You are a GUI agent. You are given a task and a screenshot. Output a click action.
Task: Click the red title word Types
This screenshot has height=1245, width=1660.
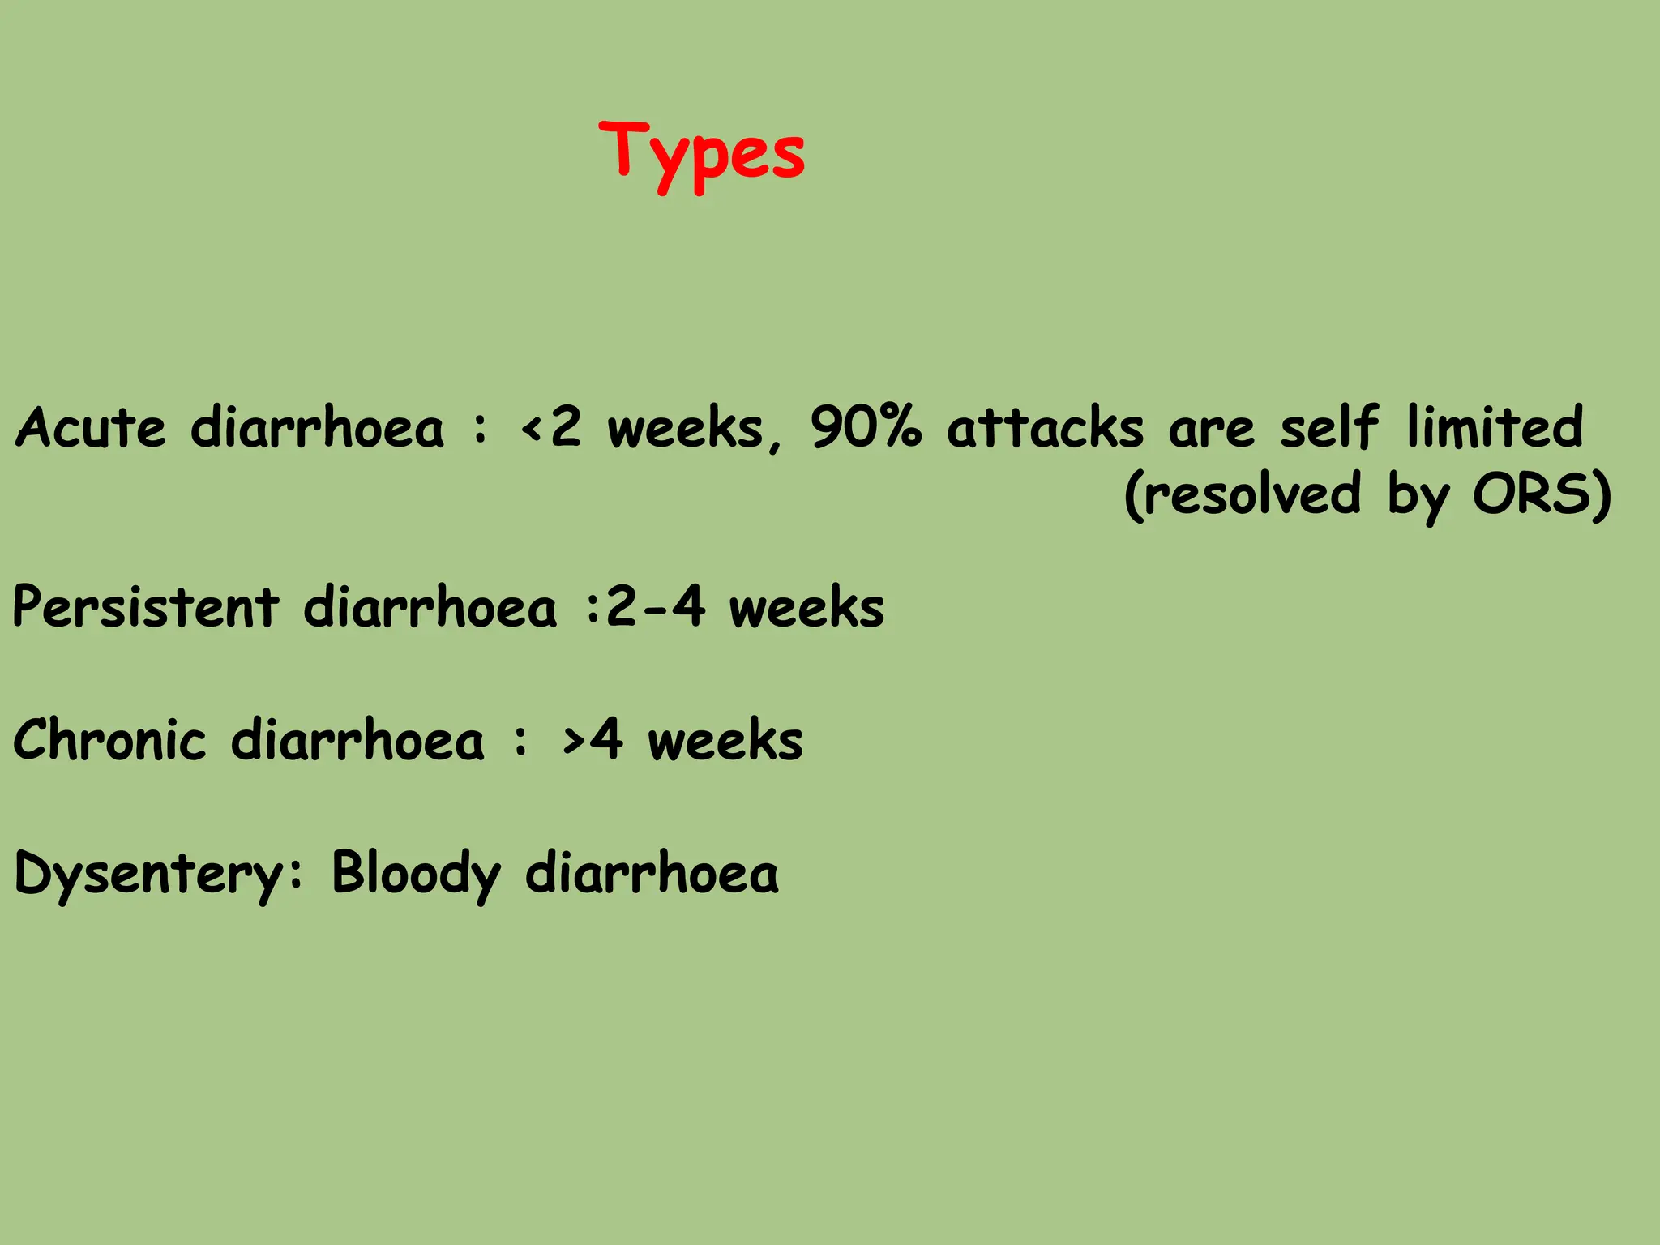pos(702,154)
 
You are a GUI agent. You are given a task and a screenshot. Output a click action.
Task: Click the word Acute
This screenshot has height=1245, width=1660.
pos(91,427)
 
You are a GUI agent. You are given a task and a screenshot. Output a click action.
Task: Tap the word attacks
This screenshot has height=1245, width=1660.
pos(1045,427)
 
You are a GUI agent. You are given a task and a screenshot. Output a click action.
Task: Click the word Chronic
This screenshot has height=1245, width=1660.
pos(110,739)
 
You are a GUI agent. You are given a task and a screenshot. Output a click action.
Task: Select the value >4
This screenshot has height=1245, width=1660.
pos(593,739)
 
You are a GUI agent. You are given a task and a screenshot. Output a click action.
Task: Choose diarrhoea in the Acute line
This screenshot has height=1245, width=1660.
pos(317,427)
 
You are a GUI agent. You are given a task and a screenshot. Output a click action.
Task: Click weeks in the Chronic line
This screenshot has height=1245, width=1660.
pos(725,739)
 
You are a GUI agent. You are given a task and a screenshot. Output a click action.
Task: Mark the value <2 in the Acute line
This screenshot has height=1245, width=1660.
pos(552,427)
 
